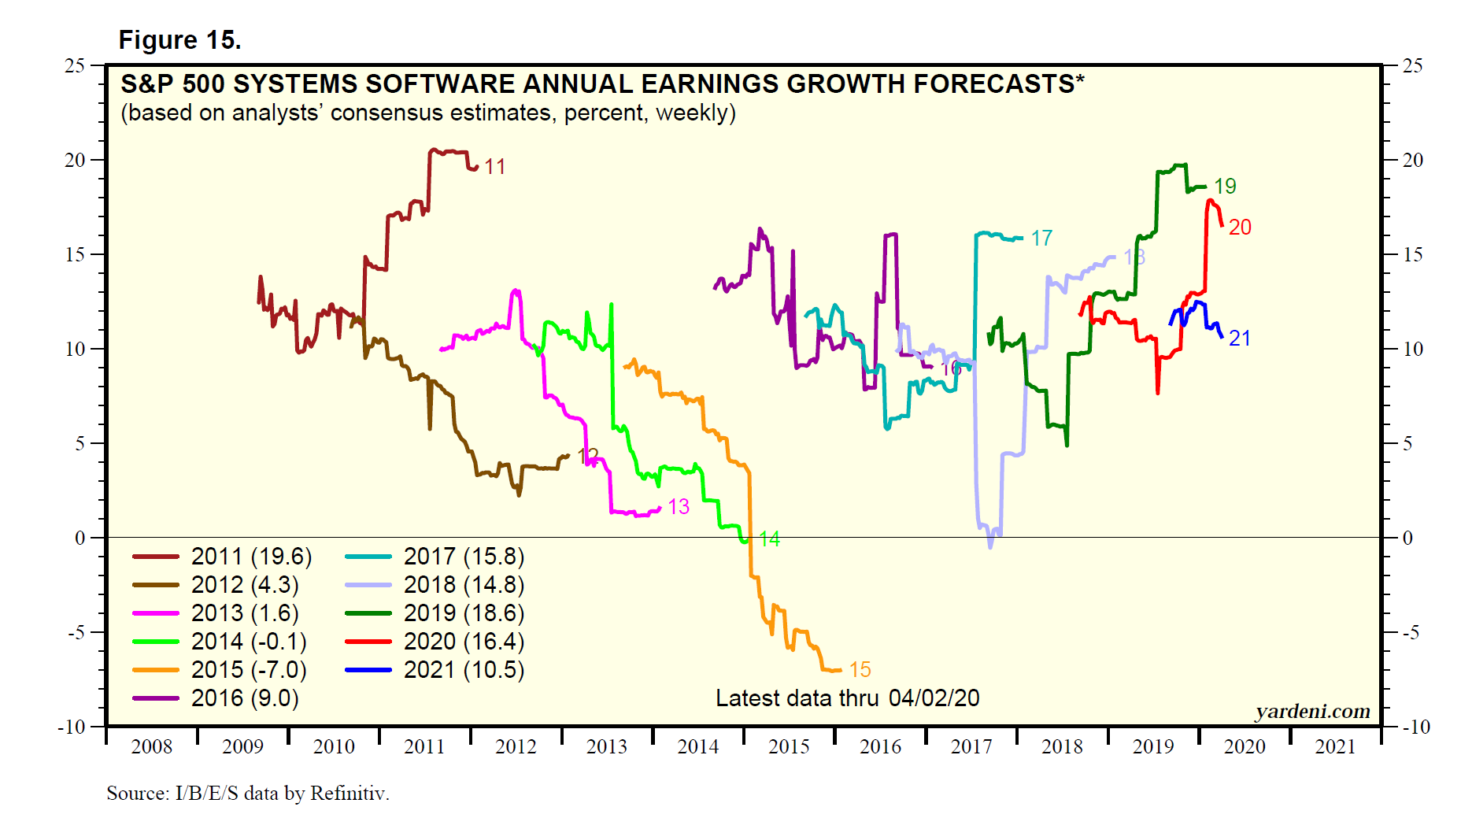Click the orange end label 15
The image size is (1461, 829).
click(x=860, y=670)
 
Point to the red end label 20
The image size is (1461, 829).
click(x=1240, y=228)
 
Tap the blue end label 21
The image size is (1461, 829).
click(x=1240, y=339)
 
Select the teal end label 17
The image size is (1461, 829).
click(x=1041, y=239)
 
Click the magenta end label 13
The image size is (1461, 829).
click(x=679, y=507)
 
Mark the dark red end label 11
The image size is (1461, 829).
click(x=494, y=167)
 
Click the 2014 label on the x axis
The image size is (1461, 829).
click(x=697, y=746)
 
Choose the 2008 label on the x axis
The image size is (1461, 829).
click(x=151, y=746)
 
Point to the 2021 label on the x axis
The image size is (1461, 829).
click(x=1335, y=746)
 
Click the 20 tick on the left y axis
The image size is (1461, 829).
click(x=75, y=160)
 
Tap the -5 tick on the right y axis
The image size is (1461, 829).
click(x=1413, y=632)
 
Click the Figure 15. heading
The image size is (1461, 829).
click(x=179, y=40)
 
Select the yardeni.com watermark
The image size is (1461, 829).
click(x=1312, y=712)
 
